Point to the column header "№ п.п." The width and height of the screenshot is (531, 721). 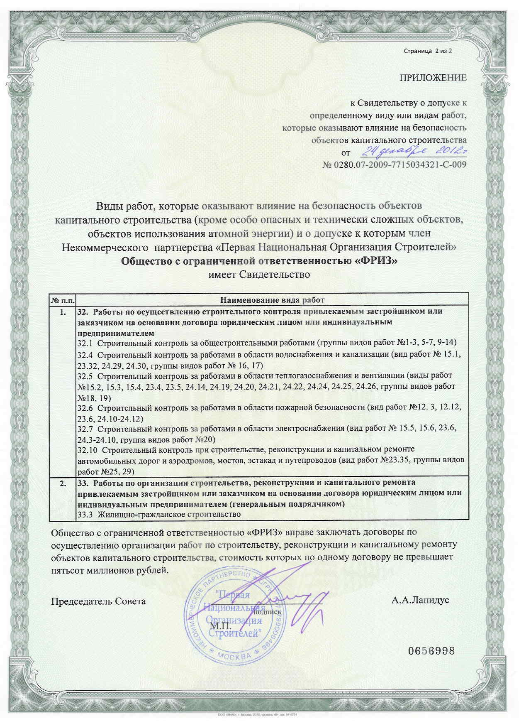pyautogui.click(x=62, y=300)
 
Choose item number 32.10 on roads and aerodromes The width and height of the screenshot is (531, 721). pyautogui.click(x=87, y=450)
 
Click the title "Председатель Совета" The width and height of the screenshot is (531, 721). pyautogui.click(x=98, y=601)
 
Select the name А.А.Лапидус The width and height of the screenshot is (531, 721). pyautogui.click(x=420, y=601)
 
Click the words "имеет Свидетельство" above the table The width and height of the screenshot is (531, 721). pyautogui.click(x=258, y=275)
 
